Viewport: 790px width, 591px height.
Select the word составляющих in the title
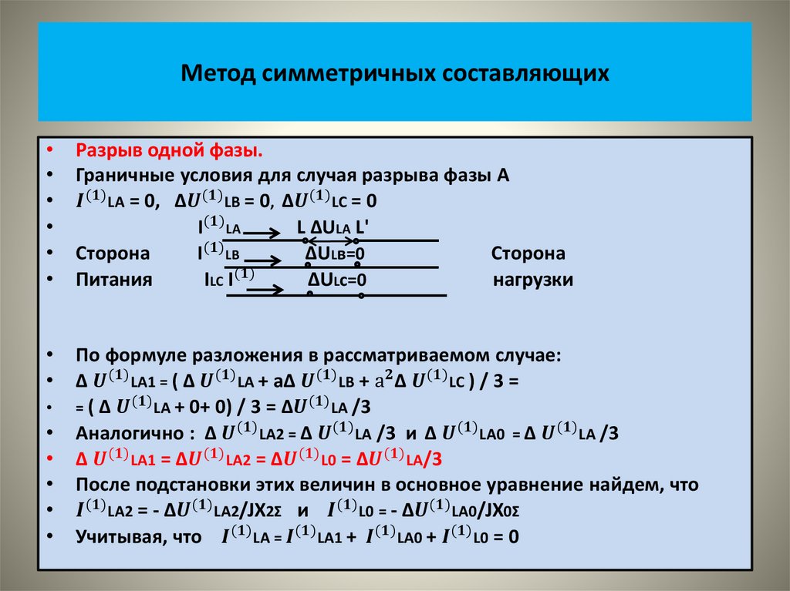tap(526, 73)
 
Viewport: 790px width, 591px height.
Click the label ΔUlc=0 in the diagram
tap(336, 280)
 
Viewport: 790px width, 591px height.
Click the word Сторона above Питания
tap(113, 254)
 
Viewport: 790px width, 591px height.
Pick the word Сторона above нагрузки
tap(528, 254)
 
